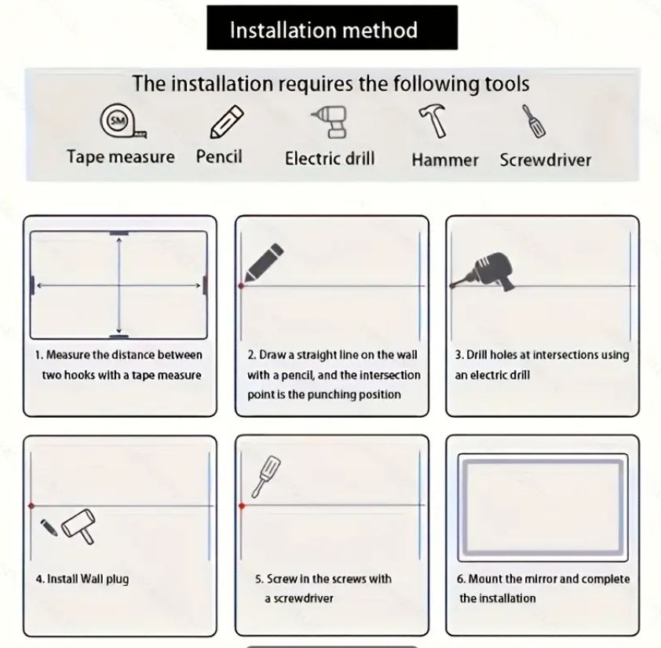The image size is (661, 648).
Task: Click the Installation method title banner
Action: coord(332,27)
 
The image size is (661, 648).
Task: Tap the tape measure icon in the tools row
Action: coord(122,122)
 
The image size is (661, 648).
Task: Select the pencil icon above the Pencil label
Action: coord(227,122)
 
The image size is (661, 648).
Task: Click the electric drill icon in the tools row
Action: coord(330,122)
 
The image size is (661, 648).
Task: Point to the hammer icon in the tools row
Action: coord(433,122)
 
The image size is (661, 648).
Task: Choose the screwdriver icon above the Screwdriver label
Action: coord(534,121)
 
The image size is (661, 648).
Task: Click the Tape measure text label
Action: coord(121,157)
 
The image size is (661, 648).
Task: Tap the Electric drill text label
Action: coord(330,159)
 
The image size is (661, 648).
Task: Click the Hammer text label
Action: coord(445,160)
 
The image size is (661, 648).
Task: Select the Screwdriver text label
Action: coord(546,160)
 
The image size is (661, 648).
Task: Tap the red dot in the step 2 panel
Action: coord(241,286)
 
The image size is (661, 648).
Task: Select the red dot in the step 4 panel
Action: coord(31,505)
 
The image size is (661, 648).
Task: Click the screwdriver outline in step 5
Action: coord(266,477)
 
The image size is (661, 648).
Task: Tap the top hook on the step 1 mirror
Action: coord(119,233)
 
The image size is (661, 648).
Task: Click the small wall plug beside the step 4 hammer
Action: coord(49,527)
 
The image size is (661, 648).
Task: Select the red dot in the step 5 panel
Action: coord(242,505)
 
